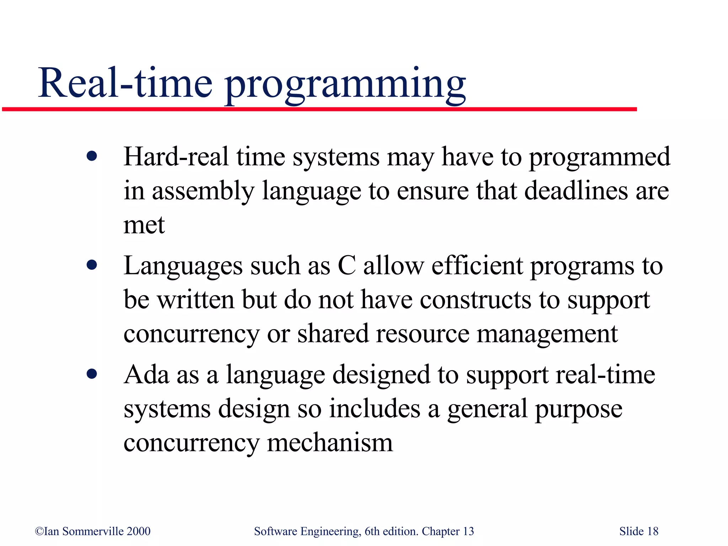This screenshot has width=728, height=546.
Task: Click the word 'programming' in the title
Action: [345, 85]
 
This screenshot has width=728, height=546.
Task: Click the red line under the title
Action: [320, 109]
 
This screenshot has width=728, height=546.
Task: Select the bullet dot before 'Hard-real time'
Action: [92, 156]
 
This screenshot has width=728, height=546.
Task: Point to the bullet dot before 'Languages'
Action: [92, 265]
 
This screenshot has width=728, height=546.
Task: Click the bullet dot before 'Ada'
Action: [92, 374]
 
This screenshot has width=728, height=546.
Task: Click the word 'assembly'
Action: [203, 191]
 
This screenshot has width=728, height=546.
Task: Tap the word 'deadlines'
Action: [576, 191]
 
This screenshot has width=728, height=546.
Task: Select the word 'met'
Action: [144, 225]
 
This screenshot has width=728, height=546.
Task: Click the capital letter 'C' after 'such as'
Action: [347, 265]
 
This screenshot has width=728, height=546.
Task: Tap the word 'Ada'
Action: [146, 374]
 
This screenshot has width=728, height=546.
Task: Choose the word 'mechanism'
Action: [330, 443]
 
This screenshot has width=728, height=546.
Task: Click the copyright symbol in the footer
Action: [39, 531]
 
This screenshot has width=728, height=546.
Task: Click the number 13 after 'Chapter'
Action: [468, 531]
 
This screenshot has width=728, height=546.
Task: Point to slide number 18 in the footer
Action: [653, 531]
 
